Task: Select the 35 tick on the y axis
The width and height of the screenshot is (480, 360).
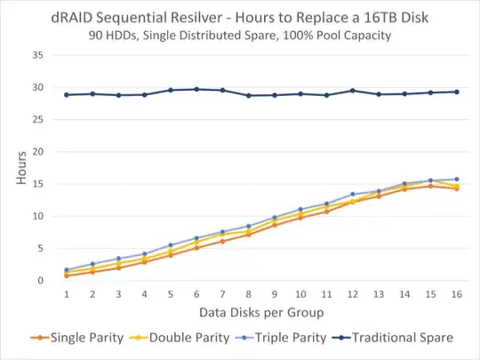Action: click(39, 55)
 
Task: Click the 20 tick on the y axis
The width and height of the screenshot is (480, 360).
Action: click(39, 152)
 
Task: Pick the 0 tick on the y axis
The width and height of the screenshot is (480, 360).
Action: click(42, 281)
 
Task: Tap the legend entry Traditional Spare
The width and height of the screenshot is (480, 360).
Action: click(403, 338)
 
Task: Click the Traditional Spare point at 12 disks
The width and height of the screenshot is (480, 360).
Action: click(353, 91)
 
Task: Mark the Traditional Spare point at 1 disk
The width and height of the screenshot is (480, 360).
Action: click(67, 94)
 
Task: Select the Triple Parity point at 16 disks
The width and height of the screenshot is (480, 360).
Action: click(457, 179)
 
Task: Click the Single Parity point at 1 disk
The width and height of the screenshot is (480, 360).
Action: click(67, 276)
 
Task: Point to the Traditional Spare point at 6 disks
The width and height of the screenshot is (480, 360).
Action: click(196, 89)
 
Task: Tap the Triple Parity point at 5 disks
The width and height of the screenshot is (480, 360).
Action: click(171, 245)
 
